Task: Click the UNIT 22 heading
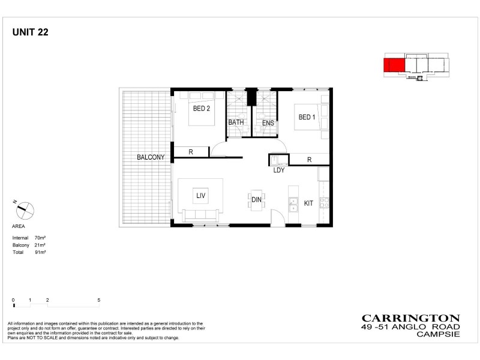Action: point(30,33)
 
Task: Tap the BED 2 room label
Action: point(201,109)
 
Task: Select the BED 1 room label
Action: point(307,117)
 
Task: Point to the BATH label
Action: point(236,124)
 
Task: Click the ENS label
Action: point(268,124)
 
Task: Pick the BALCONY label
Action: point(151,157)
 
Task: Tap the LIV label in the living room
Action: point(200,195)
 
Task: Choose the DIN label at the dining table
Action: point(257,200)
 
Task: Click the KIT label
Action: point(308,203)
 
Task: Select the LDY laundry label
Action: point(278,170)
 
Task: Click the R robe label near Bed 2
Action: point(191,152)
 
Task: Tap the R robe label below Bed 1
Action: point(309,160)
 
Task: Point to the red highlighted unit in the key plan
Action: point(394,65)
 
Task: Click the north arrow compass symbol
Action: point(25,210)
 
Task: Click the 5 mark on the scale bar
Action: point(98,299)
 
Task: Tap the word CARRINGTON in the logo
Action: point(410,319)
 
